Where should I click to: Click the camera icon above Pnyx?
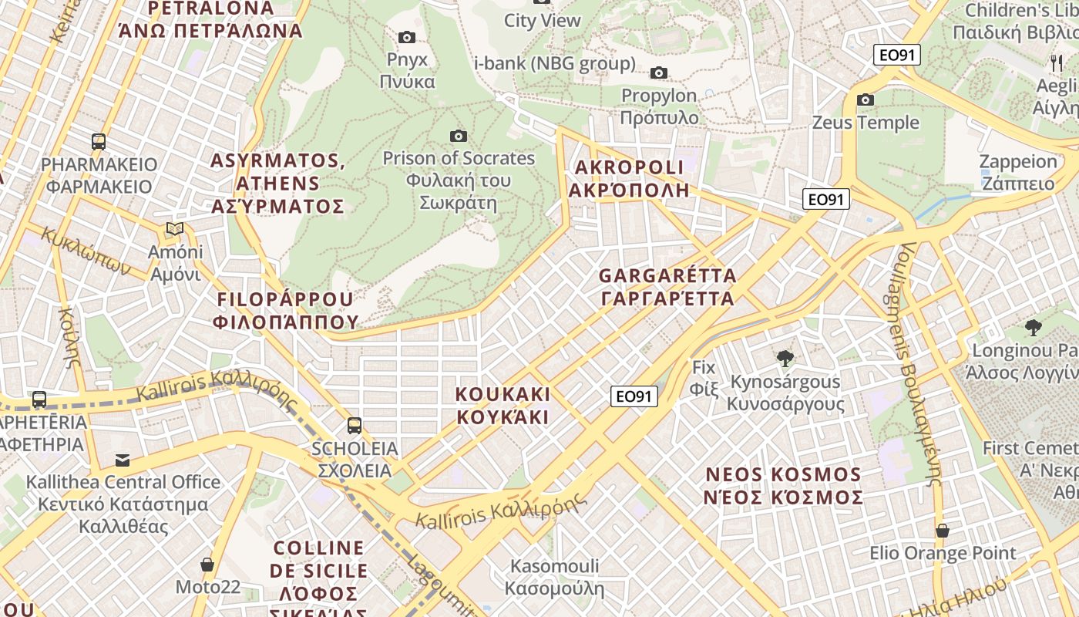pos(406,37)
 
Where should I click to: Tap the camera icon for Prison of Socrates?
pos(459,136)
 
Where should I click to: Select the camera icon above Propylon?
pos(658,72)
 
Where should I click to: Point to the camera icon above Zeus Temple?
pos(866,99)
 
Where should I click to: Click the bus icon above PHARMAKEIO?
pos(99,141)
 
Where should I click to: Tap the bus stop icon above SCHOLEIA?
pos(355,425)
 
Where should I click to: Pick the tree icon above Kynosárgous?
pos(785,358)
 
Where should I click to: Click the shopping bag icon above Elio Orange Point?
pos(943,531)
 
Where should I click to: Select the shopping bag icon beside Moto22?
pos(207,565)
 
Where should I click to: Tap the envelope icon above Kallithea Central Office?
pos(123,460)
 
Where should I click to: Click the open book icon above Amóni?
pos(176,229)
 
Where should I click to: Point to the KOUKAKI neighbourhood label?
pos(503,406)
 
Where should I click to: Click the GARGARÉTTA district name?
pos(667,287)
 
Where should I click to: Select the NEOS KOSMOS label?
pos(783,485)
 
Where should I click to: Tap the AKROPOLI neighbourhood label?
pos(629,178)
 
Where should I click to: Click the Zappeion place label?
pos(1017,172)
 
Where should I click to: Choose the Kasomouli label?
pos(554,577)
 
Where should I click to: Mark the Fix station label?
pos(704,378)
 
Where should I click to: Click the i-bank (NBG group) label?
pos(555,63)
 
